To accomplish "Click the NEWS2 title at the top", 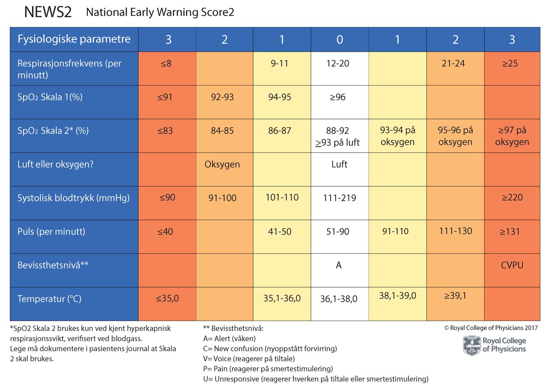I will [48, 12].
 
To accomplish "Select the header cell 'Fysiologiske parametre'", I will [74, 39].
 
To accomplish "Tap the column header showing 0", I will [340, 40].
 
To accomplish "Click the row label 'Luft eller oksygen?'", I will [55, 164].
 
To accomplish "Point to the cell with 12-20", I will [337, 63].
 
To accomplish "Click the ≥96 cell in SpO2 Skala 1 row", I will [337, 97].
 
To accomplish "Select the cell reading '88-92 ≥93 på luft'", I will [337, 136].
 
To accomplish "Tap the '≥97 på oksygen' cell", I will [512, 136].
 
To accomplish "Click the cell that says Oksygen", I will [222, 164].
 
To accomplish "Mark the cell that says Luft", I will [339, 164].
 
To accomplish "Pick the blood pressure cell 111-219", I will [340, 198].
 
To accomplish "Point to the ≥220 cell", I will [512, 197].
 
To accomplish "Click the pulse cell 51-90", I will [337, 231].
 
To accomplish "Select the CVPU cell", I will [512, 265].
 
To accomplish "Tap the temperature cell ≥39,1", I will [455, 296].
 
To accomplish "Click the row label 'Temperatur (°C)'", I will [49, 299].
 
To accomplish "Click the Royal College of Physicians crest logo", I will [472, 346].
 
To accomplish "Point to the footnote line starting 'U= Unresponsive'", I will [316, 379].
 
